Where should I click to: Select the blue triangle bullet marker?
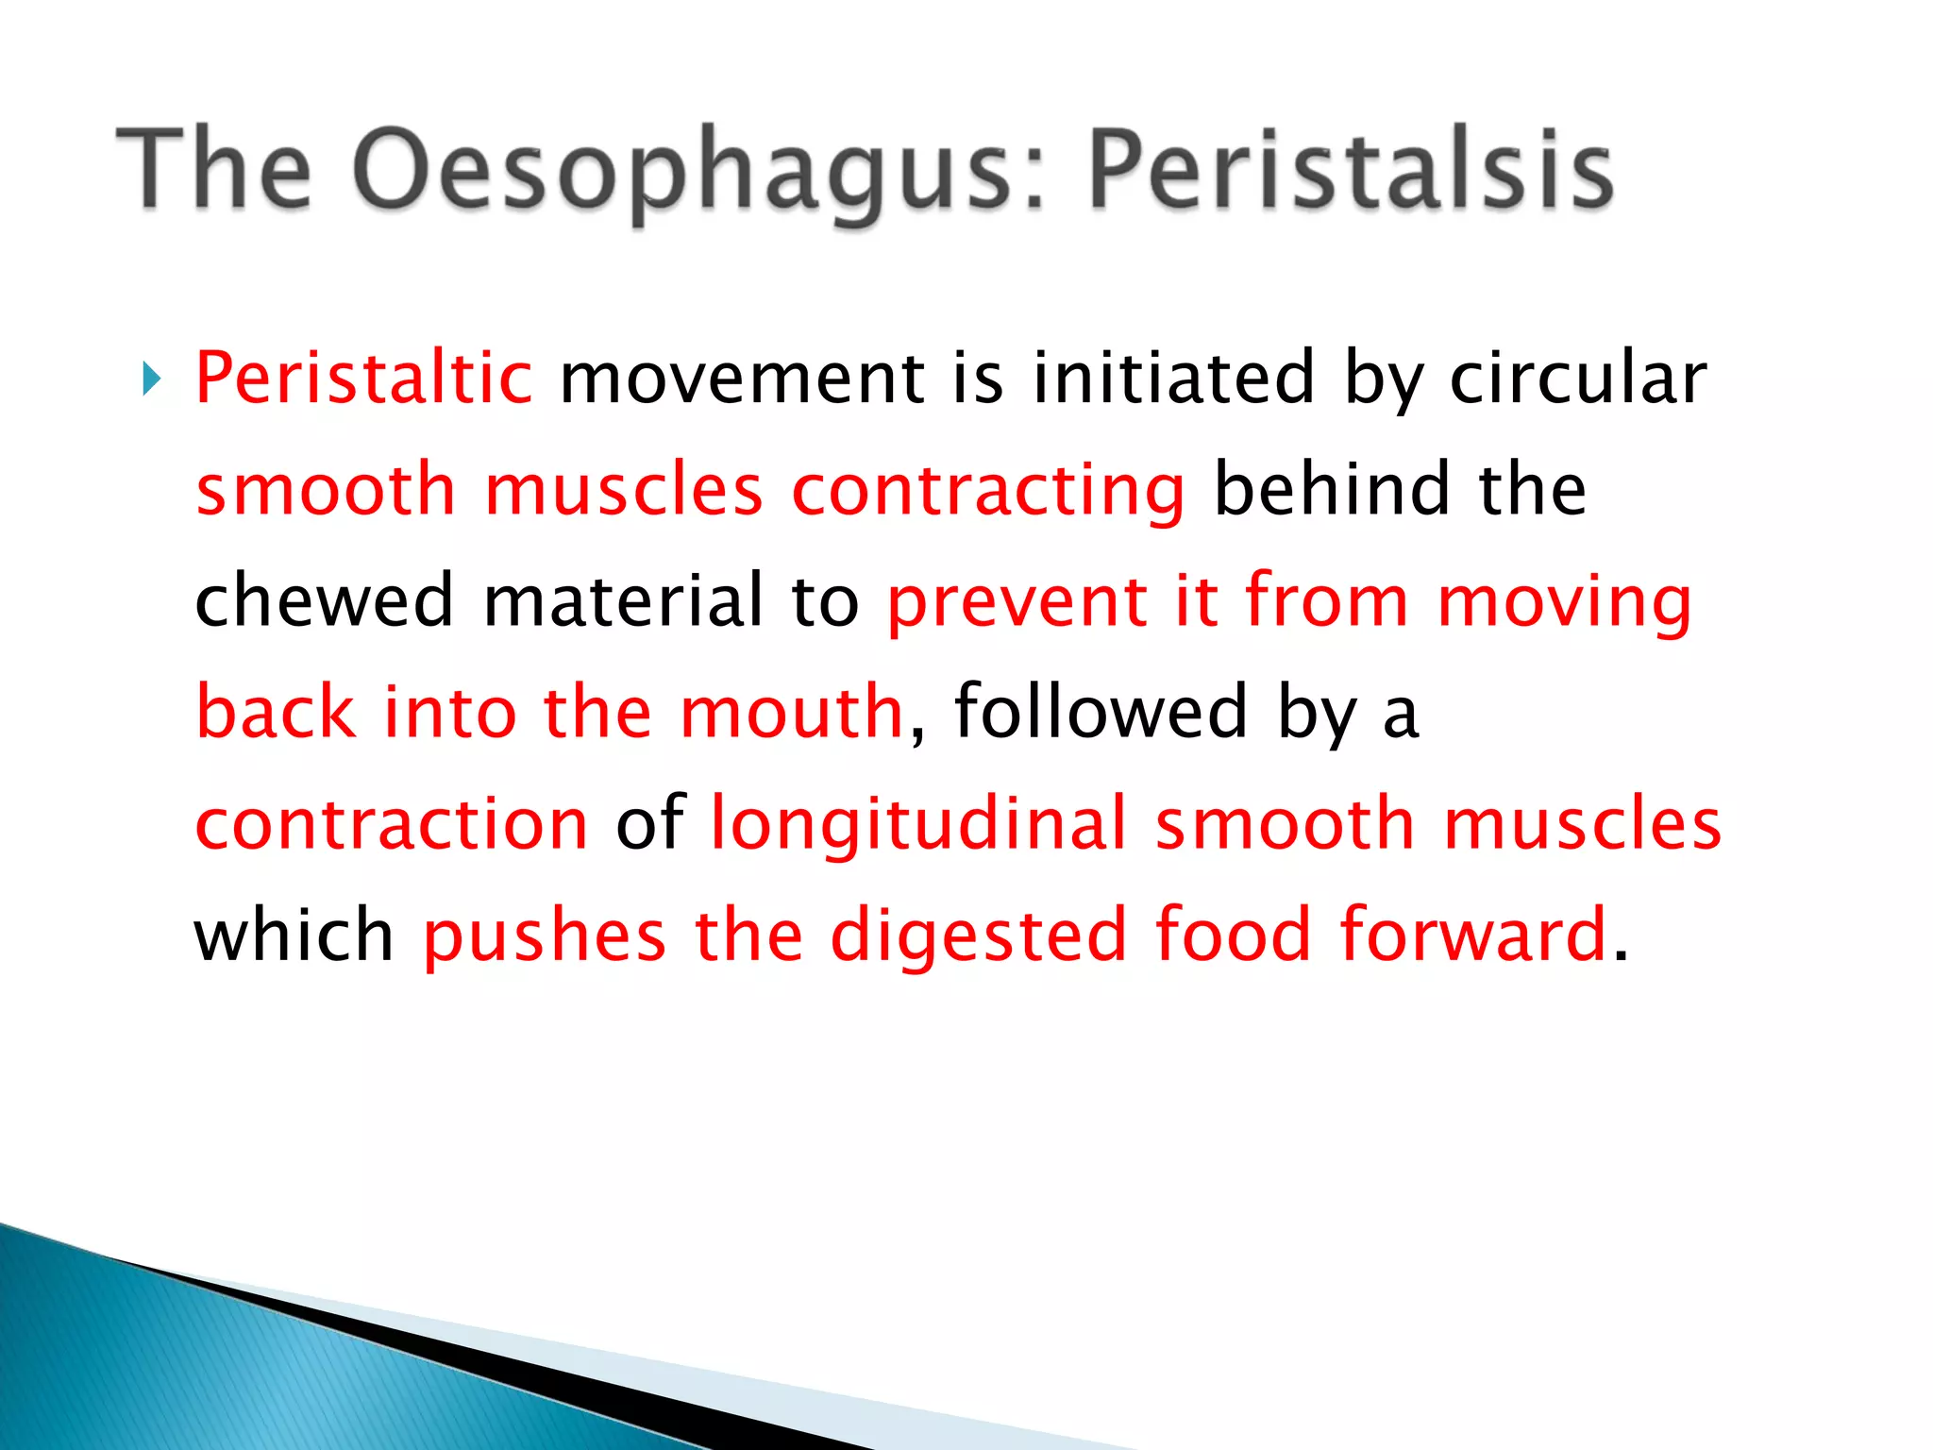point(151,379)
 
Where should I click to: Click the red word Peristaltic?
point(363,378)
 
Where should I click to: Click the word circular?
point(1577,378)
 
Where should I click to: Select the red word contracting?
point(987,491)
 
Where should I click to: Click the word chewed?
point(324,600)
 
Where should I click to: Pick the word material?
point(623,600)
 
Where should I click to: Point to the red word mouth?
point(792,712)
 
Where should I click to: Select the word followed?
point(1101,712)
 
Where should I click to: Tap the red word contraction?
point(392,824)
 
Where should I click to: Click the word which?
point(294,935)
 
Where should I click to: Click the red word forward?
point(1473,935)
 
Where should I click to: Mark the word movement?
point(742,378)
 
